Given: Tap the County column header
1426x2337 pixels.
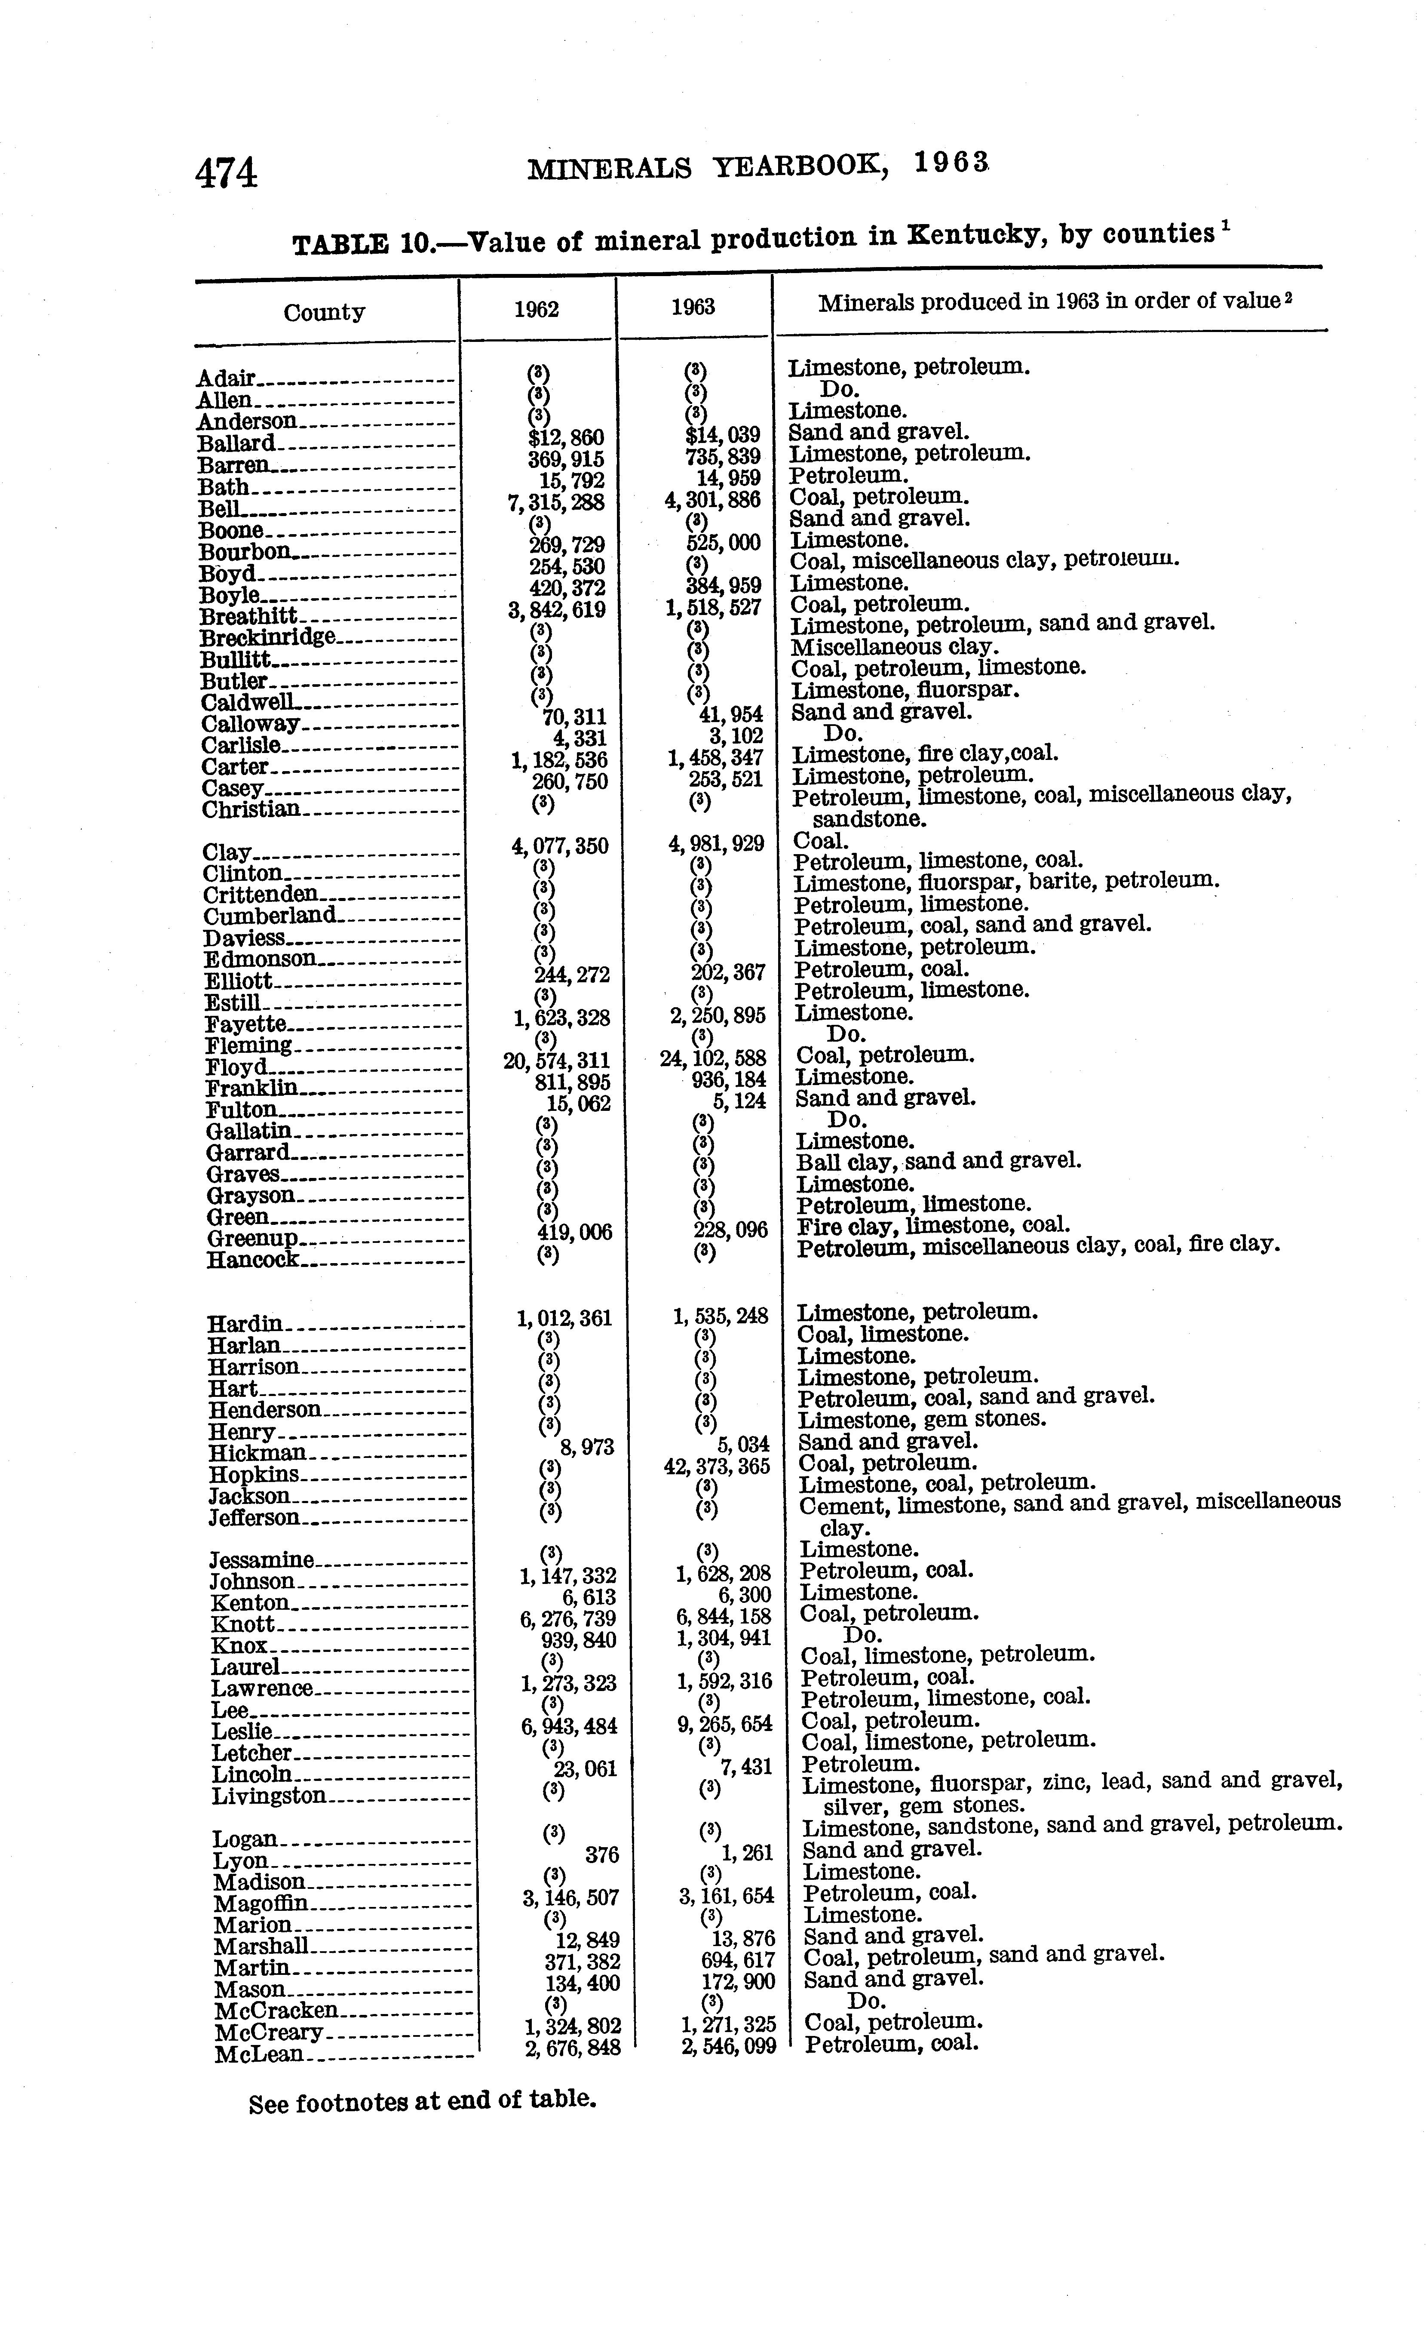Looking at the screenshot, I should (324, 312).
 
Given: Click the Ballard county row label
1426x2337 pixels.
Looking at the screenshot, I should (237, 443).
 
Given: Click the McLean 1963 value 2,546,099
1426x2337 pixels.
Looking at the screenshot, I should (728, 2047).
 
